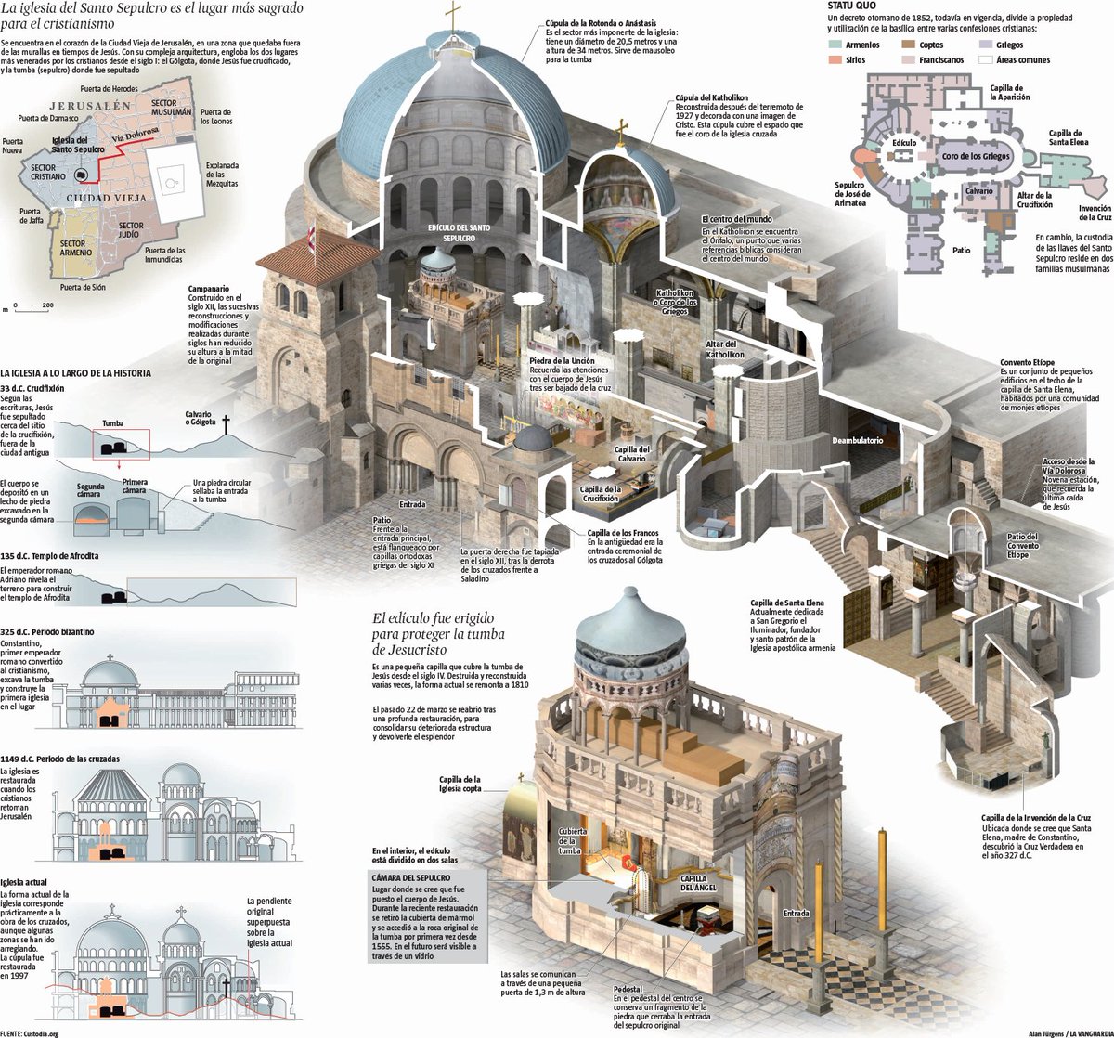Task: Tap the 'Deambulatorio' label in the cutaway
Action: click(857, 439)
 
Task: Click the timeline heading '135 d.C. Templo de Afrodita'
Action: click(50, 555)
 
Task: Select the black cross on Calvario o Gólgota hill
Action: click(224, 426)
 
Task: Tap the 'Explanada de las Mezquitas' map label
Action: click(221, 175)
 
